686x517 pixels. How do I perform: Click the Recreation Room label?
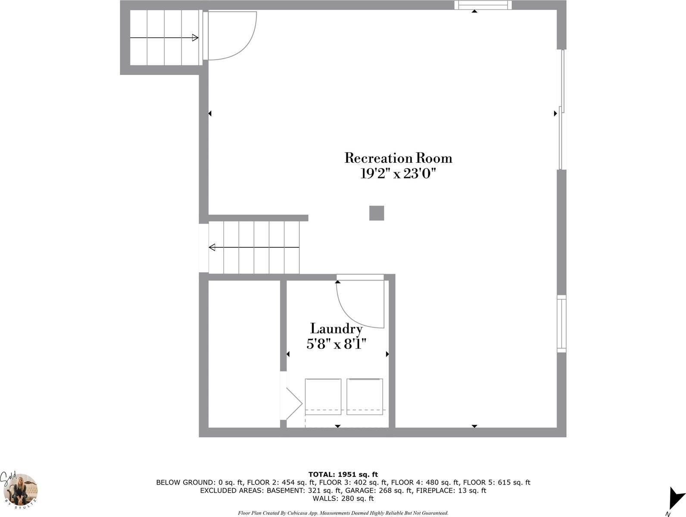pos(398,158)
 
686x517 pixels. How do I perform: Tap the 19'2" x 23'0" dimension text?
pos(398,173)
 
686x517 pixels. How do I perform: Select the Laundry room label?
pos(336,329)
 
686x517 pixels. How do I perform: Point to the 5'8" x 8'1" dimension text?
pos(336,344)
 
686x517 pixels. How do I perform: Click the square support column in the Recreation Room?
pos(377,213)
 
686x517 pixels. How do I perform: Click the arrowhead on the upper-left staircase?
pos(195,38)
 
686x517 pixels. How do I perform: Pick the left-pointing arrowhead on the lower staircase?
pos(212,247)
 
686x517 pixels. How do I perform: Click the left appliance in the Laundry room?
pos(323,397)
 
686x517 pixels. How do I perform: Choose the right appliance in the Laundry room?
pos(365,396)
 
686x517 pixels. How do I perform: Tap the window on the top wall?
pos(483,5)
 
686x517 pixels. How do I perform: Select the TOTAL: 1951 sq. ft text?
pos(343,474)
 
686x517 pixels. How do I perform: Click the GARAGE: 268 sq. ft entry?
pos(376,490)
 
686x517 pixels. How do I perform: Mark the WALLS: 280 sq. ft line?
pos(343,498)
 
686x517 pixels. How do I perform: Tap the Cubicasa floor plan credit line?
pos(343,513)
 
